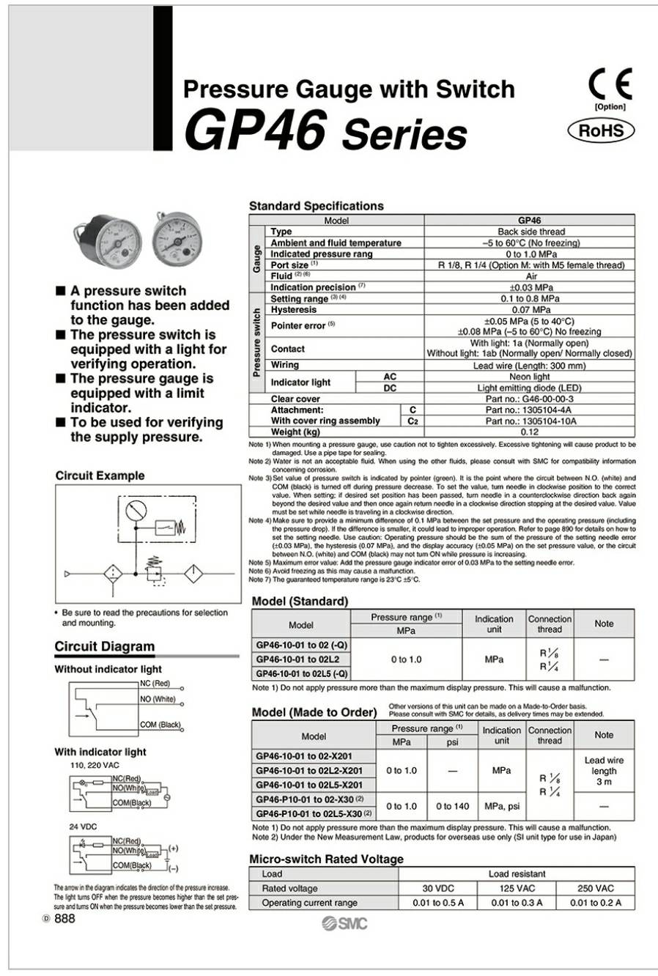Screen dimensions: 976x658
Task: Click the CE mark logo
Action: (610, 85)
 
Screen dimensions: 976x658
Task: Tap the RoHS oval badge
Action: (601, 131)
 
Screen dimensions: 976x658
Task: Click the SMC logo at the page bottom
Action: (344, 923)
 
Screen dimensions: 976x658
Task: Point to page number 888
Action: (64, 919)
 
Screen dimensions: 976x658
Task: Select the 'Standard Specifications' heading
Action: (317, 206)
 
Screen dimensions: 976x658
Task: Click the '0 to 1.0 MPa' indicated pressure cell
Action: (531, 254)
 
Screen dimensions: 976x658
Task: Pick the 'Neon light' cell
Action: (530, 377)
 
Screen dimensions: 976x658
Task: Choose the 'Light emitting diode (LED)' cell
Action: (530, 388)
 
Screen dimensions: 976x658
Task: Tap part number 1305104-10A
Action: (531, 421)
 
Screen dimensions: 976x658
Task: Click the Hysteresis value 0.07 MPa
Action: (531, 310)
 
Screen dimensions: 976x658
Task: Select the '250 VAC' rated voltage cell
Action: (595, 888)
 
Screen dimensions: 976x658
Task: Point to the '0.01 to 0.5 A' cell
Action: (437, 903)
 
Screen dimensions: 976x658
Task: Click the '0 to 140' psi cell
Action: (452, 806)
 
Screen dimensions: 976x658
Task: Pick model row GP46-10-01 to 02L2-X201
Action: (309, 771)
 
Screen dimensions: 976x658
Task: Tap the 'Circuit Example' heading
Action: (100, 476)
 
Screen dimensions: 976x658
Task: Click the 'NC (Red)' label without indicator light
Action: (155, 684)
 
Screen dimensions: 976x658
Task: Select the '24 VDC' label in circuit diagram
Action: (84, 827)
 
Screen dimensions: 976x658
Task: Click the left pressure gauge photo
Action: (102, 239)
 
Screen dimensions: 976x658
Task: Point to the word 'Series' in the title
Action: (404, 134)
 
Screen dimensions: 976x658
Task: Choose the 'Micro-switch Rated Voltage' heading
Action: (326, 859)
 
